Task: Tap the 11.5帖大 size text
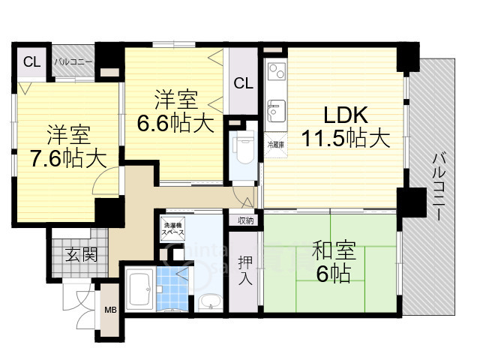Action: (x=345, y=139)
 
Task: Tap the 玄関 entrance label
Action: (x=79, y=254)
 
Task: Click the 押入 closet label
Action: (x=245, y=271)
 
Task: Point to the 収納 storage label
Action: (x=245, y=220)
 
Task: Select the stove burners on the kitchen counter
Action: (x=274, y=72)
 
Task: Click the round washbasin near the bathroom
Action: (x=211, y=303)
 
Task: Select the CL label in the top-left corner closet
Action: (x=31, y=62)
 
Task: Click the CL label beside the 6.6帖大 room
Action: (x=243, y=83)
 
